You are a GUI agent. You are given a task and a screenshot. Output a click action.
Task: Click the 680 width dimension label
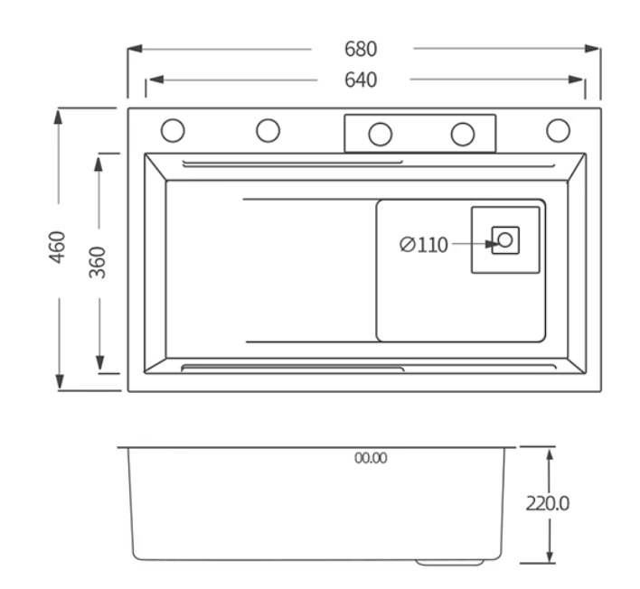point(361,49)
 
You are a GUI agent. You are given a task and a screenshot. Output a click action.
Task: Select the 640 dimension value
point(361,79)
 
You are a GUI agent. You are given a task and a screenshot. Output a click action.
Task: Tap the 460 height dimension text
point(57,248)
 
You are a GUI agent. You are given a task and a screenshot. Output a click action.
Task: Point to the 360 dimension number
point(97,262)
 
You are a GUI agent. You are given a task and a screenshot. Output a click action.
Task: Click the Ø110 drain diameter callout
point(423,245)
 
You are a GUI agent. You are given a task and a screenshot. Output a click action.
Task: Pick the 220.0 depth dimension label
point(547,503)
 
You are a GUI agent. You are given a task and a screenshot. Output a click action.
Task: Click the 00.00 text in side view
point(371,458)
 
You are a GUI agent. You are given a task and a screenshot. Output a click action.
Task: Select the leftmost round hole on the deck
point(173,130)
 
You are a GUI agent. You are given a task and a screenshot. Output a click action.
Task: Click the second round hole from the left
point(268,130)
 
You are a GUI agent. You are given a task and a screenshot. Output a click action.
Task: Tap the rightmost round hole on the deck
point(558,130)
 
